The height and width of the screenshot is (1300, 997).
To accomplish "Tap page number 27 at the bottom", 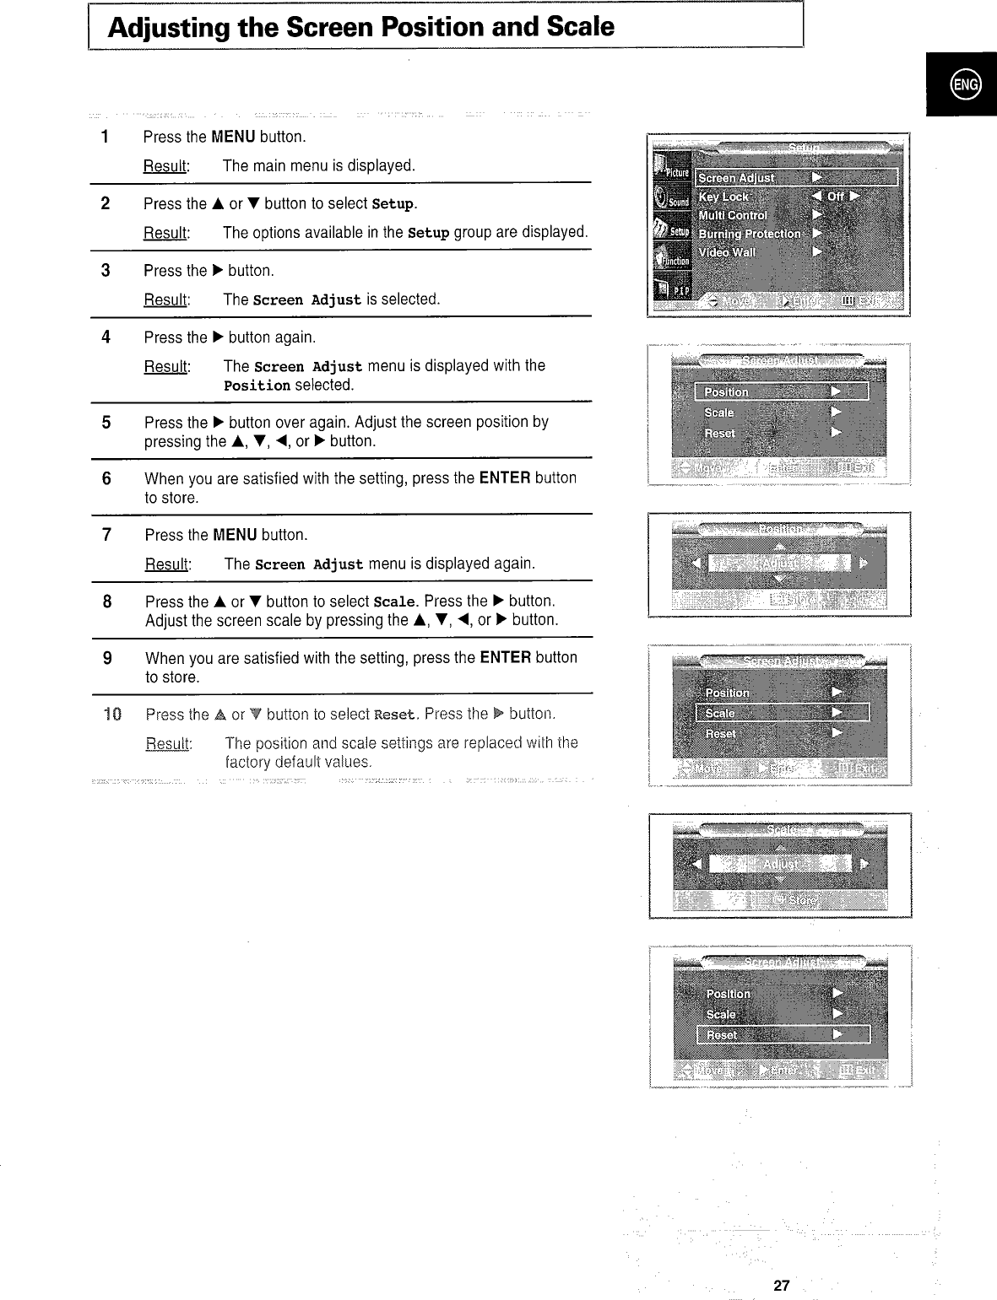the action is [781, 1286].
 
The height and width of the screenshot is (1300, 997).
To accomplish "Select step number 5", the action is [106, 423].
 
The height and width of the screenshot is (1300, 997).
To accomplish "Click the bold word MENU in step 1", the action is [233, 137].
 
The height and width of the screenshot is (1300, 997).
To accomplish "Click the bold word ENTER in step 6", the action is [504, 478].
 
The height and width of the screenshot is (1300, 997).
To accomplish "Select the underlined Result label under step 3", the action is [166, 300].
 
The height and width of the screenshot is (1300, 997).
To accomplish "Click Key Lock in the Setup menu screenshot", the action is [723, 197].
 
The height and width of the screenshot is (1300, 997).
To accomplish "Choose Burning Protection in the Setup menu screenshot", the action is [750, 234].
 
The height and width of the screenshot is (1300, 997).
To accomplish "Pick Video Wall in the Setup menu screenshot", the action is [727, 252].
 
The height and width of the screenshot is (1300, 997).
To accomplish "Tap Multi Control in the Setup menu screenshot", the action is [733, 215].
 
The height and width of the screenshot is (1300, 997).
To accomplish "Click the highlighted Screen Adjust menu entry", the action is [737, 178].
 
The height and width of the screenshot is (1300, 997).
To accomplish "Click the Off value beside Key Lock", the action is [836, 197].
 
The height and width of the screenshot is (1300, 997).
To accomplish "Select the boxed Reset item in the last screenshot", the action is [722, 1035].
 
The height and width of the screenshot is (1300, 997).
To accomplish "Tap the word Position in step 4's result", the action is [257, 386].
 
